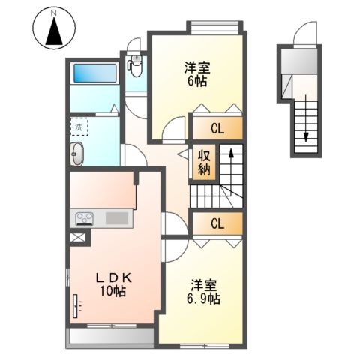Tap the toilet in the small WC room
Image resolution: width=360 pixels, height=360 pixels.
coord(136,67)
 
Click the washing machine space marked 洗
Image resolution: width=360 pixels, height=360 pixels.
coord(79,126)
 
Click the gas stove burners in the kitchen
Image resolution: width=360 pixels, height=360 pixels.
coord(83,219)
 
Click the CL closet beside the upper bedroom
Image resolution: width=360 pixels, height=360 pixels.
coord(217,127)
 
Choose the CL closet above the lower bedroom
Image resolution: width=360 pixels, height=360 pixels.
coord(217,223)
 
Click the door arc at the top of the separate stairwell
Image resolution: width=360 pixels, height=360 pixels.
coord(305,33)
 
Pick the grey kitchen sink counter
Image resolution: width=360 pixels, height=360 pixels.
coord(117,218)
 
